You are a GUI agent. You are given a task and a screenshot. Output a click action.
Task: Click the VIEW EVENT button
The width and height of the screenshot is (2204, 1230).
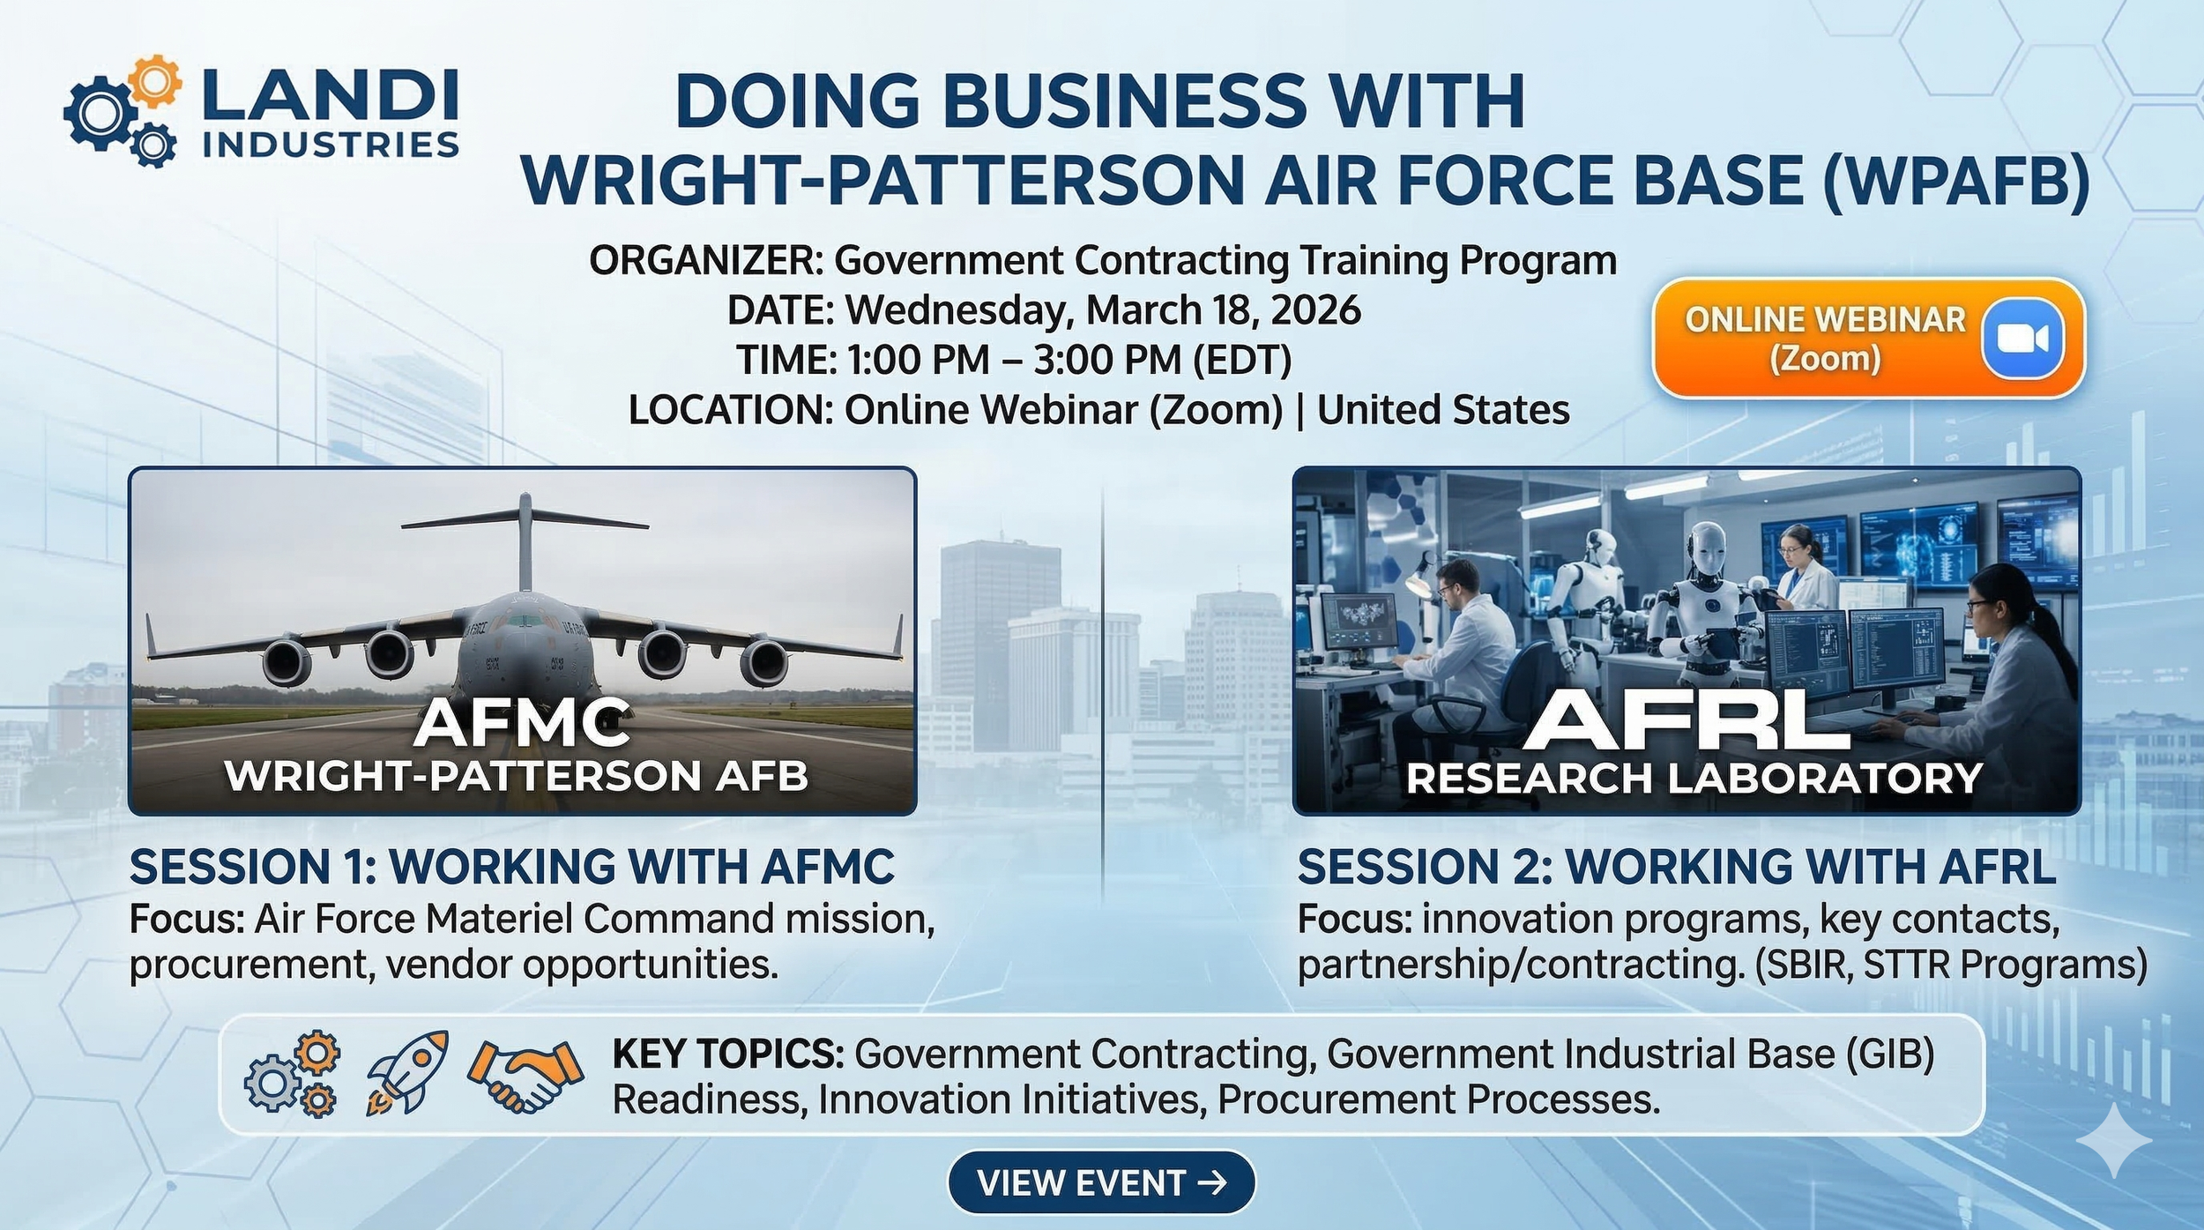[1101, 1182]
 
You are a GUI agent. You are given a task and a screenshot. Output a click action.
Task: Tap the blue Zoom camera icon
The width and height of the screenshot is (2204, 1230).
[2022, 339]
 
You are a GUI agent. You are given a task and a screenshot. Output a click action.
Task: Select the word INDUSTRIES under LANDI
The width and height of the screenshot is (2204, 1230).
[331, 144]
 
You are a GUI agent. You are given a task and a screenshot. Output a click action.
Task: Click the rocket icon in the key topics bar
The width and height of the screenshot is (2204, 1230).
[407, 1072]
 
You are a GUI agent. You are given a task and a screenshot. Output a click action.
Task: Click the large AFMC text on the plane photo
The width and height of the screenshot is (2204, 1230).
[522, 722]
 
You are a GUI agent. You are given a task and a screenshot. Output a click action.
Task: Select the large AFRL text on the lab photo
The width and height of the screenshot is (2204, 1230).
[1686, 720]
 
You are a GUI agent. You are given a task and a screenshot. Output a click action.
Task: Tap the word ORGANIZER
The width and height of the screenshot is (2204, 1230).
[704, 261]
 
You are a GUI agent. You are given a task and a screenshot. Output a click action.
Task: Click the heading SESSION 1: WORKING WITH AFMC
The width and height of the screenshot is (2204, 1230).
[512, 867]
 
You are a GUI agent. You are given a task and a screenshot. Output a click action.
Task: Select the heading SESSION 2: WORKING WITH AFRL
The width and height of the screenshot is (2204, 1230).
[1676, 867]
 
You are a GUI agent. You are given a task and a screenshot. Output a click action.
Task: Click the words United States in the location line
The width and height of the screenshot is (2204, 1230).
[1443, 410]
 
